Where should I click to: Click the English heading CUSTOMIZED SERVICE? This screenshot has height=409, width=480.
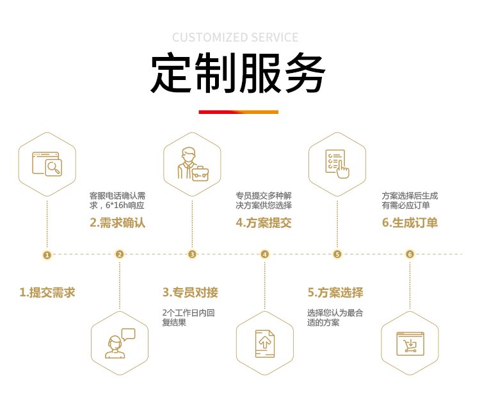[x=235, y=37]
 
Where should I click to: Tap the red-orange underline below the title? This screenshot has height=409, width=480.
[x=239, y=112]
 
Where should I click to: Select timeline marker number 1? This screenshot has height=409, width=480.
[x=47, y=255]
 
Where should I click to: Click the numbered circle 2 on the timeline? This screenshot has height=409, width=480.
[x=120, y=254]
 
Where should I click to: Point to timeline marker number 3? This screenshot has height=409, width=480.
[x=192, y=254]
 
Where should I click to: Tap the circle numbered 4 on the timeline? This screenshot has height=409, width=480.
[x=265, y=254]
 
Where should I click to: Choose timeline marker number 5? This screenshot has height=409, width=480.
[x=337, y=254]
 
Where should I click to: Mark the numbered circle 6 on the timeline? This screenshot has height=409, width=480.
[x=410, y=254]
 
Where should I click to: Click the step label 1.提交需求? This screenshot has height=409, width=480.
[x=47, y=293]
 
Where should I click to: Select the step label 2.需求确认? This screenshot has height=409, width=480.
[x=118, y=223]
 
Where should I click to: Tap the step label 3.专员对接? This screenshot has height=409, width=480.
[x=190, y=293]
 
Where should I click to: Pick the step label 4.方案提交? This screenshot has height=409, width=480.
[x=264, y=223]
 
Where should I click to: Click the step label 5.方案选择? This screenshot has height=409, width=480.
[x=335, y=293]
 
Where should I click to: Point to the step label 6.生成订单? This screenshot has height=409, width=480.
[x=410, y=223]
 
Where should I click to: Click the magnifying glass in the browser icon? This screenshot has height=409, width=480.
[x=54, y=168]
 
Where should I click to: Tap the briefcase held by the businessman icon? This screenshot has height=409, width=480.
[x=200, y=173]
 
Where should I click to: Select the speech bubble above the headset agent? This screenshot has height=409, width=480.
[x=129, y=334]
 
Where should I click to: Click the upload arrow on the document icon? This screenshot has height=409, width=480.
[x=265, y=342]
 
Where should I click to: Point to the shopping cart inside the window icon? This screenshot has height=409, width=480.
[x=410, y=346]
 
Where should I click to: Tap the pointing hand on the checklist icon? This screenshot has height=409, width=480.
[x=343, y=170]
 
